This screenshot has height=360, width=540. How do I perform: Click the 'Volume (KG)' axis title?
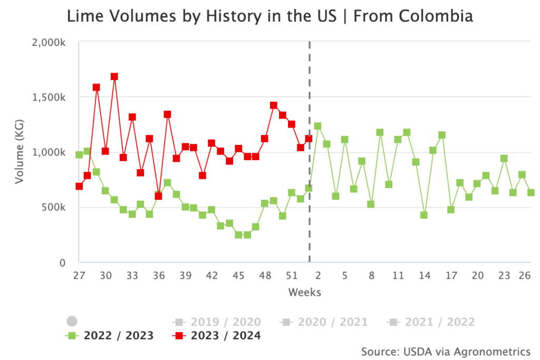tap(20, 152)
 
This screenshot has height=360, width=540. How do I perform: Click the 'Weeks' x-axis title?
tap(304, 292)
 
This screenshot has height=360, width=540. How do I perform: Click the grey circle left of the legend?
tap(72, 322)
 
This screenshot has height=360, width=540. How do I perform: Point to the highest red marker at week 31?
tap(114, 76)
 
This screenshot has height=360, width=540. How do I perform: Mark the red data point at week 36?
tap(158, 196)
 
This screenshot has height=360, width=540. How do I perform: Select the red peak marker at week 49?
tap(273, 105)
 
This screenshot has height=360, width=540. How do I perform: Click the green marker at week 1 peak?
tap(317, 126)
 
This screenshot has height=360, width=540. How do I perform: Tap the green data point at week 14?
tap(423, 215)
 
